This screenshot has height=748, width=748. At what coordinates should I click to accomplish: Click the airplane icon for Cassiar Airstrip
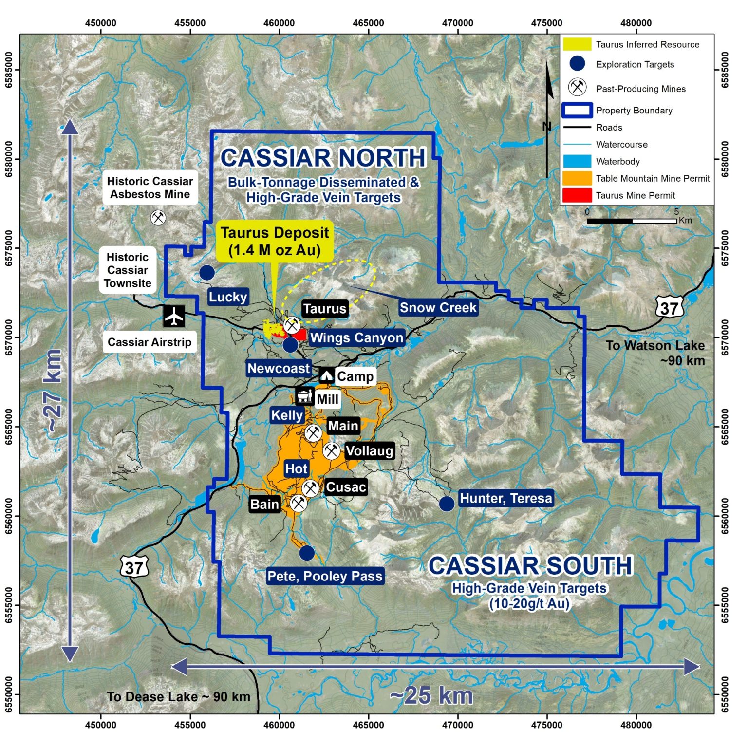tap(174, 317)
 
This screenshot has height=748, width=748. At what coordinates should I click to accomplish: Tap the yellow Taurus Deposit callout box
tap(275, 242)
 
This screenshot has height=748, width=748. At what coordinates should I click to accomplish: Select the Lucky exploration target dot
tap(207, 273)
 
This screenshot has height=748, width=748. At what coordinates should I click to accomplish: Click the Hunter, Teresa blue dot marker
tap(447, 504)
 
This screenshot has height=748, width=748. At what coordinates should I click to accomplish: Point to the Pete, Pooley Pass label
tap(325, 576)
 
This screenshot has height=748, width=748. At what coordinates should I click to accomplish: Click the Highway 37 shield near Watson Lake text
tap(669, 308)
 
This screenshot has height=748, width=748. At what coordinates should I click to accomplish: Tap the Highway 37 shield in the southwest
tap(134, 567)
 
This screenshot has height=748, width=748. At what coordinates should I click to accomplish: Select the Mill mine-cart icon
tap(304, 396)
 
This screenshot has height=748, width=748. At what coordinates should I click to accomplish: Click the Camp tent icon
tap(326, 375)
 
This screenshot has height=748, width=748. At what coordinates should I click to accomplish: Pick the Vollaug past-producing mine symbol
tap(332, 450)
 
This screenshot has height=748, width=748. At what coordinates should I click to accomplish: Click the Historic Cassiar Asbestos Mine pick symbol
tap(158, 217)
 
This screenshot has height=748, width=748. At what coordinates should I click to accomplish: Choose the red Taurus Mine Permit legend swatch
tap(577, 195)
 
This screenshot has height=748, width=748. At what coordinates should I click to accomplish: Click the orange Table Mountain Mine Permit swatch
tap(577, 178)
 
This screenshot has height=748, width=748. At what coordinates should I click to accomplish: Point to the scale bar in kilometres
tap(632, 221)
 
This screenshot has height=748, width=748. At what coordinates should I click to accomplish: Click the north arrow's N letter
tap(547, 127)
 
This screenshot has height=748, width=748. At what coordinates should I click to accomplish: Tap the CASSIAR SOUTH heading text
tap(530, 566)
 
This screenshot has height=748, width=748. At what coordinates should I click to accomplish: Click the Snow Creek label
tap(438, 308)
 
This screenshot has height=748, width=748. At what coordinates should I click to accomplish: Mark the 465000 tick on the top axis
tap(368, 23)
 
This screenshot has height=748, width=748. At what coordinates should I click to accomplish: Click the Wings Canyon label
tap(356, 337)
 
